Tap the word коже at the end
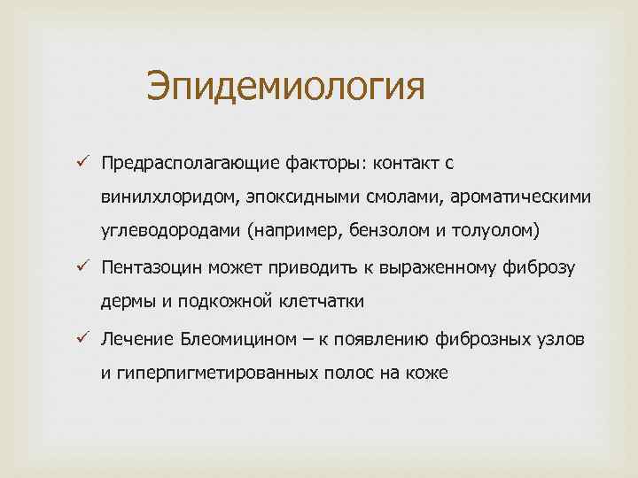coord(429,373)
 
